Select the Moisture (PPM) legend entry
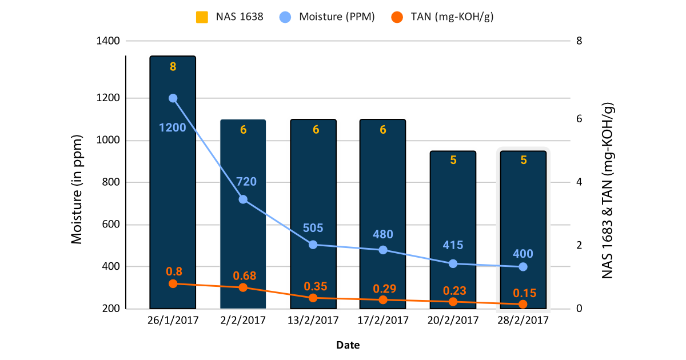tap(329, 17)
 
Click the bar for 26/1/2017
tap(173, 183)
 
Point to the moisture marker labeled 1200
tap(173, 98)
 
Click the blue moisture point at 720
tap(243, 199)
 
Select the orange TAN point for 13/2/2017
tap(313, 298)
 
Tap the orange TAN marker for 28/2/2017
tap(523, 304)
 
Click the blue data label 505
tap(313, 228)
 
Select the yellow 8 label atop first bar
tap(173, 67)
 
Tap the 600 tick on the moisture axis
tap(110, 225)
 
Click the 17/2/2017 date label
tap(383, 320)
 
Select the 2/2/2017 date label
tap(243, 320)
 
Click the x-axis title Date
tap(348, 345)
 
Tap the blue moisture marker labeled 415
tap(453, 263)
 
